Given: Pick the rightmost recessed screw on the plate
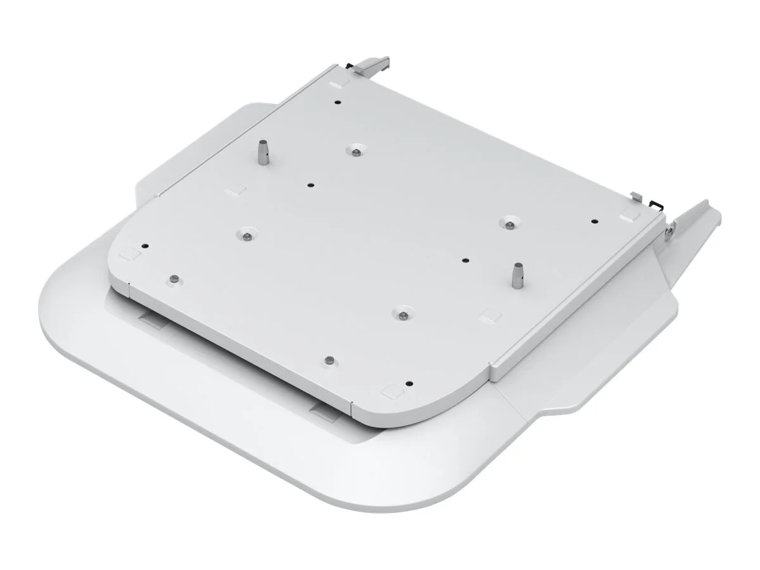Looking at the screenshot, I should pos(509,223).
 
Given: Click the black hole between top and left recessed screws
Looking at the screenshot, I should pos(310,185).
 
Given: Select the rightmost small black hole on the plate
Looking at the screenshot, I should pos(594,222).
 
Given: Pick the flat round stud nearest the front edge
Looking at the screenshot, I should pos(328,360).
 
